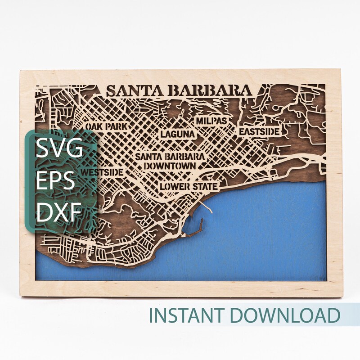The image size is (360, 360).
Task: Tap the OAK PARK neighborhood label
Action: (106, 126)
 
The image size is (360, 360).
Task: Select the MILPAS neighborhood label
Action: (211, 121)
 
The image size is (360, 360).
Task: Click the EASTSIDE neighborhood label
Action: (260, 131)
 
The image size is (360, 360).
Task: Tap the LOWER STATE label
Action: (189, 186)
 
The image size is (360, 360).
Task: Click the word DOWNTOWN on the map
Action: (170, 166)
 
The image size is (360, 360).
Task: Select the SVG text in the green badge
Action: (60, 148)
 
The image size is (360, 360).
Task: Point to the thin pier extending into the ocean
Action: (208, 208)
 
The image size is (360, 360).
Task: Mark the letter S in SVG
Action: (44, 148)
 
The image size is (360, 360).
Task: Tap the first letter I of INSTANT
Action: (152, 315)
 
